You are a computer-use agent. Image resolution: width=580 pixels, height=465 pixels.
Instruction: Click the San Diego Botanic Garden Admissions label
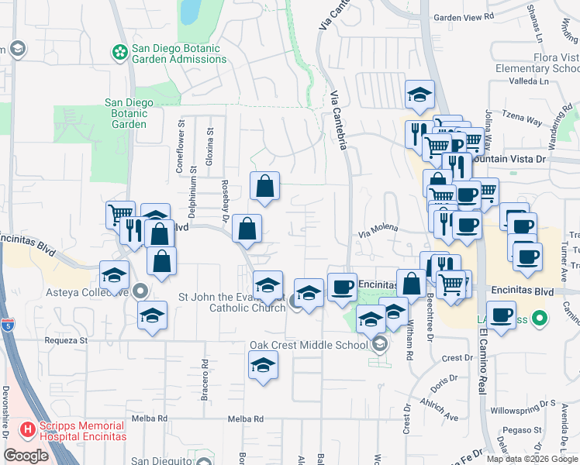[178, 53]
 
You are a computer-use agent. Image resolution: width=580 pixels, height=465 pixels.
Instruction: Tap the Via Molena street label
[378, 229]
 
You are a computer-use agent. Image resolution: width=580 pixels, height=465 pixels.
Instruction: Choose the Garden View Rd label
[464, 17]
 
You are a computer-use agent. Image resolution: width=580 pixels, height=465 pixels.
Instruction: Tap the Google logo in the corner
[26, 456]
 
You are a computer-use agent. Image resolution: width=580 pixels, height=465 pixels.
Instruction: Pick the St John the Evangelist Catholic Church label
[232, 302]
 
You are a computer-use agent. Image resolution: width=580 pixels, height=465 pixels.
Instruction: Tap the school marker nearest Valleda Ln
[419, 95]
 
